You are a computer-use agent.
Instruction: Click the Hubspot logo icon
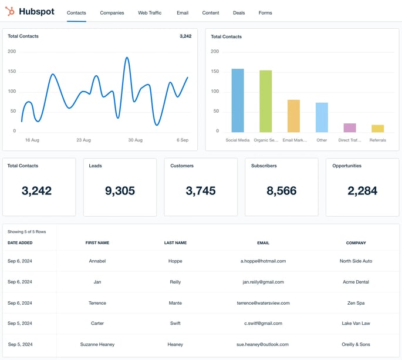point(10,11)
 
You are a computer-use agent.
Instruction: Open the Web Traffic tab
point(150,13)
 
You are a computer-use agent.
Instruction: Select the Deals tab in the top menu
point(239,13)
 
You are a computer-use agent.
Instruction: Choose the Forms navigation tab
point(265,13)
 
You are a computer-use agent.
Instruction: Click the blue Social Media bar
point(238,100)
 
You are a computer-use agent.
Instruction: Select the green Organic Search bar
point(266,101)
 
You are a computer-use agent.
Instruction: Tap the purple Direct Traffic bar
point(350,127)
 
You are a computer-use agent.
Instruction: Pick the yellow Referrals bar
point(377,129)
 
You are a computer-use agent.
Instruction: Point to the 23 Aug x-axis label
point(83,140)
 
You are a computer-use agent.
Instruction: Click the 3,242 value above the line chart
point(185,36)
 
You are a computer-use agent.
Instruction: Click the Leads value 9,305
point(120,191)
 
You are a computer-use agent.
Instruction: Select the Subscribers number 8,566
point(281,191)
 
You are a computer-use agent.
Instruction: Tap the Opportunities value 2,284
point(362,191)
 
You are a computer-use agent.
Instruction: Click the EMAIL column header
point(263,243)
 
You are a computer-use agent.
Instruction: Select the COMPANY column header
point(356,243)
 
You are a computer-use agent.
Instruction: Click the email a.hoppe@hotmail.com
point(263,261)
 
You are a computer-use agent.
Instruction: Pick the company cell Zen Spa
point(356,303)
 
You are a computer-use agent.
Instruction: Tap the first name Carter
point(97,323)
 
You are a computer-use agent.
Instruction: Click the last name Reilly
point(175,282)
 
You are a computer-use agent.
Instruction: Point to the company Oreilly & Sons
point(356,344)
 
